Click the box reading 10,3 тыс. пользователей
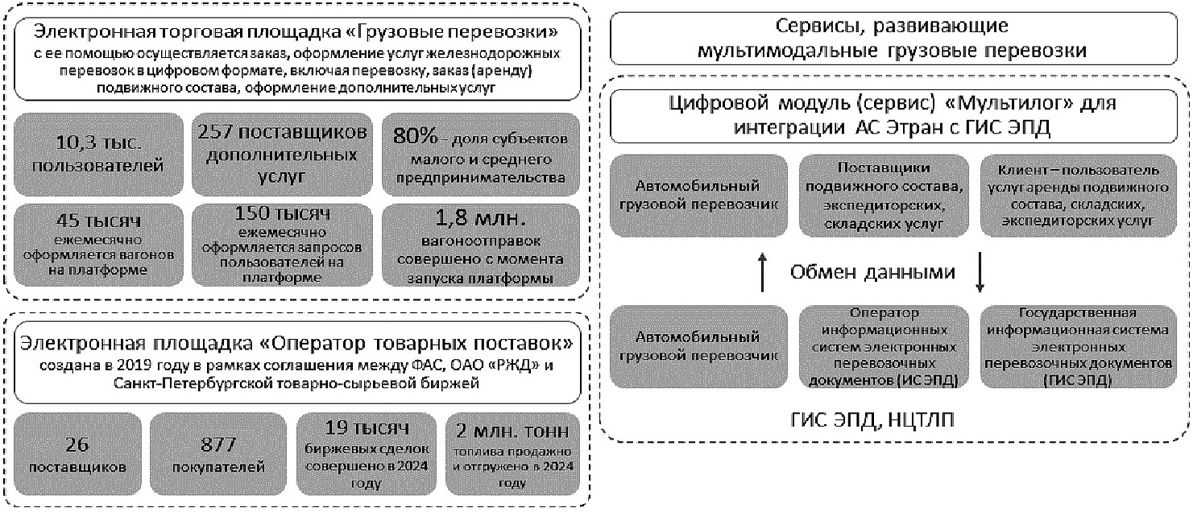click(x=99, y=153)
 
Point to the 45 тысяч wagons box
click(x=99, y=246)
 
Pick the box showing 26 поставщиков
click(x=78, y=456)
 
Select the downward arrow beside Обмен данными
click(x=980, y=272)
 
